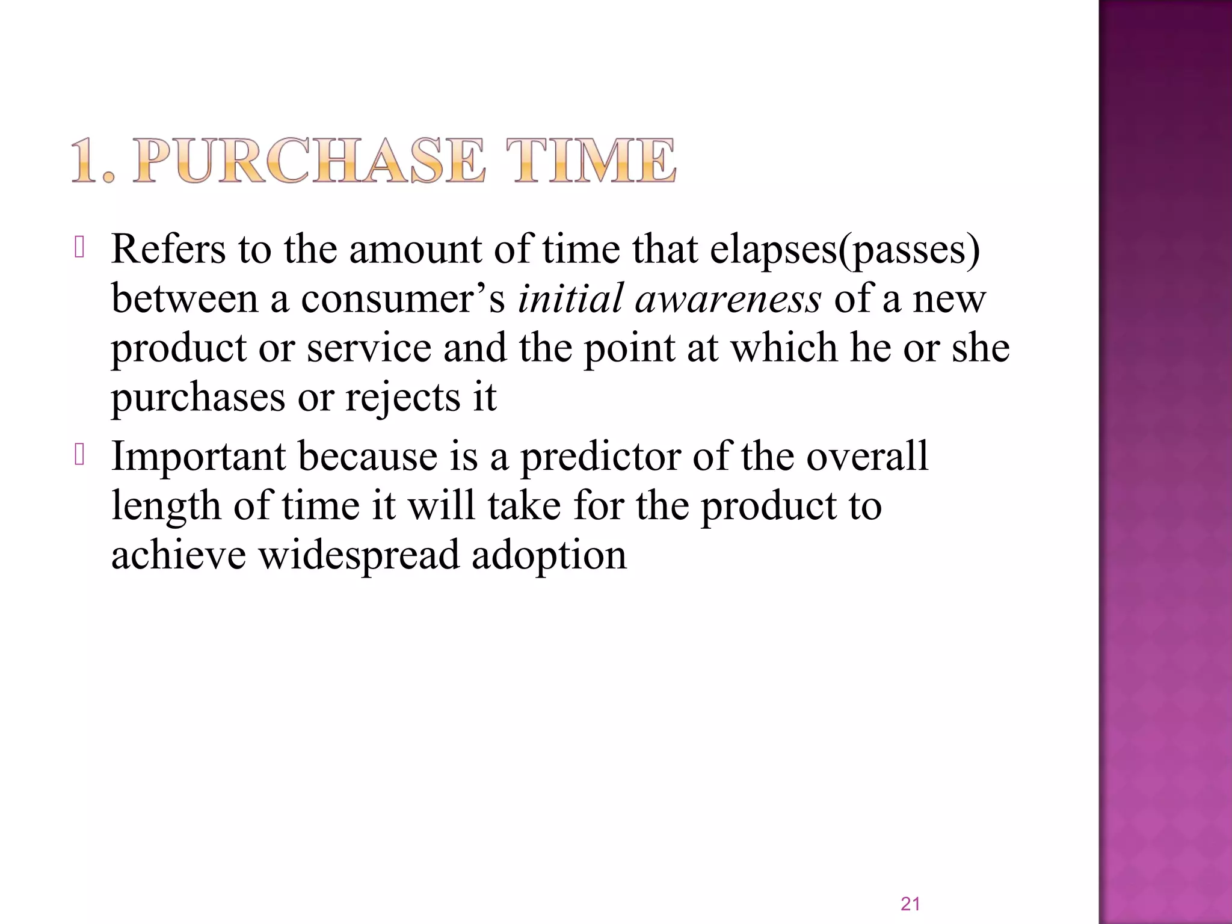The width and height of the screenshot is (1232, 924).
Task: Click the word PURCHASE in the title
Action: [309, 161]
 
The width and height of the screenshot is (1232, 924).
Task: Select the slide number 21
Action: [910, 904]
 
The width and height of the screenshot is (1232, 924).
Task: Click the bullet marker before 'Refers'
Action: [79, 248]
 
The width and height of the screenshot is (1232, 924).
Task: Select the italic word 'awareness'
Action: [728, 299]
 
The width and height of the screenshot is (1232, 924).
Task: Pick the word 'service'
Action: [369, 348]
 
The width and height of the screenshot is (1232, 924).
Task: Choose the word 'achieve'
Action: [179, 555]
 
